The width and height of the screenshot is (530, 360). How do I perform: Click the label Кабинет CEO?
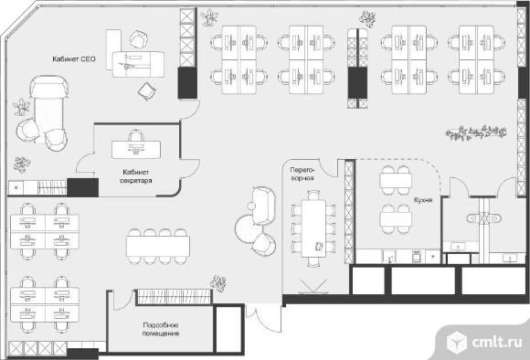74,59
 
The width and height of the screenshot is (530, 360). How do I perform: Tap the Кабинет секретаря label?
136,176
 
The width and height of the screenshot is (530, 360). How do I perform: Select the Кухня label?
423,200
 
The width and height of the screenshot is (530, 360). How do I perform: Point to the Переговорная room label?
302,174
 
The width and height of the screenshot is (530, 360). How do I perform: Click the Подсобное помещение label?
161,330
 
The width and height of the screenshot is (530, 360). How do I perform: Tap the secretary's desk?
136,150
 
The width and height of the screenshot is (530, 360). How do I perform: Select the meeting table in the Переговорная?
313,228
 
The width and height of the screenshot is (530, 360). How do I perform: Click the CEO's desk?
138,64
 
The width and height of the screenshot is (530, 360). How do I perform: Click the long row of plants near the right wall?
476,132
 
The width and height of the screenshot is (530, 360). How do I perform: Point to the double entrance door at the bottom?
263,319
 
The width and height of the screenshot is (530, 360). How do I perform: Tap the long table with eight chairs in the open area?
158,247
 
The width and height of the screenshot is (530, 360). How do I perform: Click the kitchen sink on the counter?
389,257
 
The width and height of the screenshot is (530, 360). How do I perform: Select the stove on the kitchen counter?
417,256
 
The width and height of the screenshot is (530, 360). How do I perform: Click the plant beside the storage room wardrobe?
218,283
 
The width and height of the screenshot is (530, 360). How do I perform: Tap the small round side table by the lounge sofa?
251,206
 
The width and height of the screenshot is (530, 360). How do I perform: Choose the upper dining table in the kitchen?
396,181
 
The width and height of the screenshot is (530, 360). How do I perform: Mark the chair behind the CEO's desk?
139,39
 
